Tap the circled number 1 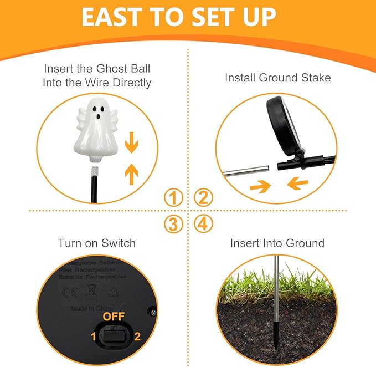[x=174, y=197]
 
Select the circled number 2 [x=203, y=197]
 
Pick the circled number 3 [x=174, y=224]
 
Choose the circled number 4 [x=203, y=224]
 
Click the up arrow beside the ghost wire [x=131, y=174]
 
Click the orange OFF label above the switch [x=114, y=317]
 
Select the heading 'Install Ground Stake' [x=278, y=78]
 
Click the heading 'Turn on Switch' [x=97, y=243]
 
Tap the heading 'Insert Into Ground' [x=277, y=243]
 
